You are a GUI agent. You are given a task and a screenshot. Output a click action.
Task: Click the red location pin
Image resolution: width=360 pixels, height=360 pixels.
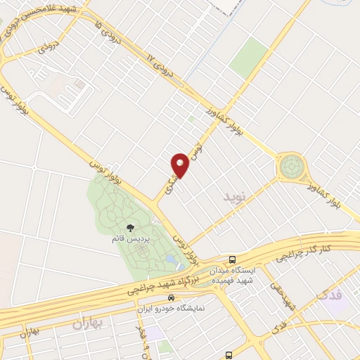[x=180, y=165]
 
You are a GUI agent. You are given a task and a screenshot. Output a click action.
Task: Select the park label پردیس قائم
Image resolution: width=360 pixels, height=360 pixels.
[x=129, y=238]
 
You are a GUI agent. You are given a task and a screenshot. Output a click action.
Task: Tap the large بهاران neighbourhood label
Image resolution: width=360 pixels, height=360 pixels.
[x=87, y=324]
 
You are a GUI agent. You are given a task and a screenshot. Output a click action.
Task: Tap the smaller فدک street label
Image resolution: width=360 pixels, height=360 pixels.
[x=277, y=328]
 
